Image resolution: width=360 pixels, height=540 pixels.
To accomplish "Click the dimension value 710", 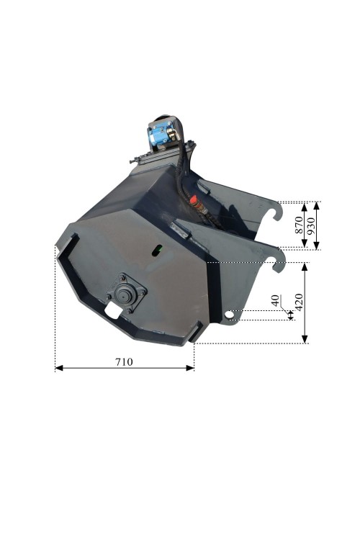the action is pyautogui.click(x=124, y=362).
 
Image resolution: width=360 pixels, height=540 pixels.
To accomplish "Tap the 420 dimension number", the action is pyautogui.click(x=299, y=302).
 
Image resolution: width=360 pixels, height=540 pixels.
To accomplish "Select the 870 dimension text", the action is pyautogui.click(x=299, y=225).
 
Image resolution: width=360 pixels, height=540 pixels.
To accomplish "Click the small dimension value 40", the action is pyautogui.click(x=275, y=300).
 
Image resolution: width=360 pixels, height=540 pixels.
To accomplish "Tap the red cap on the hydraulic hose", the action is pyautogui.click(x=193, y=199).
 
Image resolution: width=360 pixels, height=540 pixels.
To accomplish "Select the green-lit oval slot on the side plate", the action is pyautogui.click(x=157, y=250).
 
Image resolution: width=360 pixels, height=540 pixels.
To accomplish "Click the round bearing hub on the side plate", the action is pyautogui.click(x=123, y=293).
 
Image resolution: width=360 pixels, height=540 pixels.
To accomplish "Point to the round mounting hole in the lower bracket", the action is pyautogui.click(x=228, y=315).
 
